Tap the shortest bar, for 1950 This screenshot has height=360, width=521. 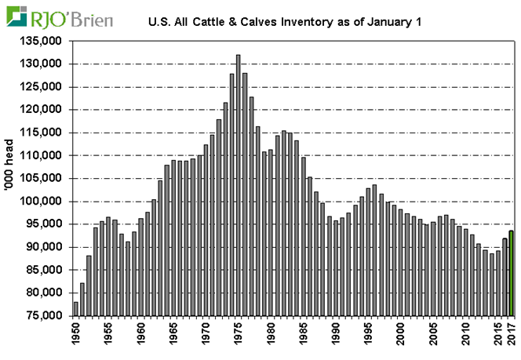click(x=76, y=308)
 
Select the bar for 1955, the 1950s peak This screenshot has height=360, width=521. click(x=108, y=266)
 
